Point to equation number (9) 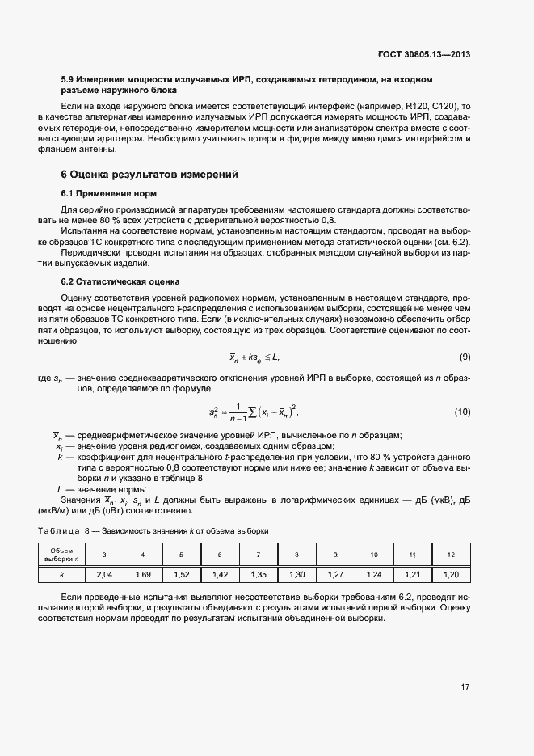click(x=465, y=357)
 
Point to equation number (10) click(x=462, y=412)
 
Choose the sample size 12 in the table click(x=451, y=554)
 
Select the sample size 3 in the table click(x=103, y=554)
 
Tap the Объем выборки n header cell click(x=61, y=554)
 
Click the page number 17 click(x=465, y=687)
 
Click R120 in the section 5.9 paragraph click(x=418, y=107)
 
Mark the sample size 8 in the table click(x=296, y=554)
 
